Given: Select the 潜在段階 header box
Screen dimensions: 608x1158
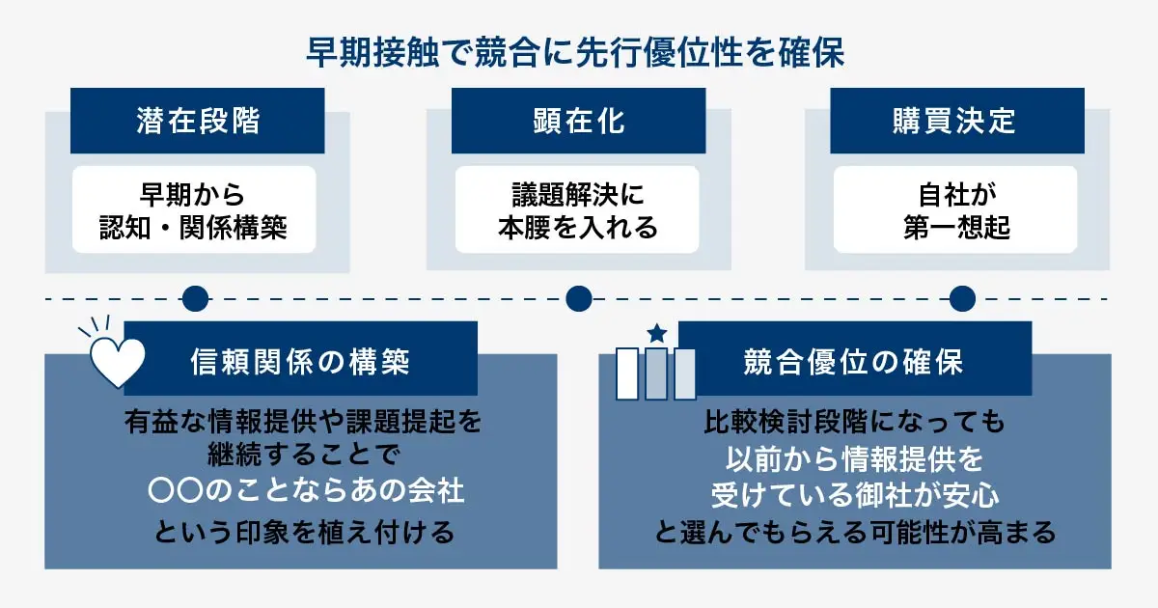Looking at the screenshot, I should pos(197,121).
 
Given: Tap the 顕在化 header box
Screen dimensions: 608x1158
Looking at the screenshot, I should pos(578,121).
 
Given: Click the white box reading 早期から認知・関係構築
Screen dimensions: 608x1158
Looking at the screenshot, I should pos(194,209).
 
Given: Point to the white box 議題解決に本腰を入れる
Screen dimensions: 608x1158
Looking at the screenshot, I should pos(577,209).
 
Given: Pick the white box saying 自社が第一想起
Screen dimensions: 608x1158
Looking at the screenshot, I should pos(955,209).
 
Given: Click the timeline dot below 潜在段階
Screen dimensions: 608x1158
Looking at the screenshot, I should pos(195,298).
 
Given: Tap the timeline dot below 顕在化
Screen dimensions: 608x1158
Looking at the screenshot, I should pos(578,298).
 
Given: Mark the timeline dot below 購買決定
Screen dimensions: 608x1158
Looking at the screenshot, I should pos(961,298).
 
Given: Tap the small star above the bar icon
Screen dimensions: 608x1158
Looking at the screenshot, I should pos(656,334).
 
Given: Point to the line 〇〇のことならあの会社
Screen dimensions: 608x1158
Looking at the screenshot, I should pos(301,492).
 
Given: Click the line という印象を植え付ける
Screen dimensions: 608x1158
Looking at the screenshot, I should pos(301,532).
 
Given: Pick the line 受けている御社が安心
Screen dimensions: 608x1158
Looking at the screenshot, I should pos(853,495).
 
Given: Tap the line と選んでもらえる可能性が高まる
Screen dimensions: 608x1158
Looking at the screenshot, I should pos(853,532).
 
